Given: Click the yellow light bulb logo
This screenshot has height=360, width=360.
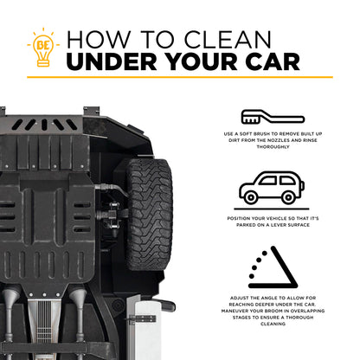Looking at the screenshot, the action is coord(43,48).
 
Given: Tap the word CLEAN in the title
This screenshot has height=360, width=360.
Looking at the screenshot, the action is coord(228,40).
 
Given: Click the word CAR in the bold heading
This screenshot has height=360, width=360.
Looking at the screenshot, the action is coord(273,61).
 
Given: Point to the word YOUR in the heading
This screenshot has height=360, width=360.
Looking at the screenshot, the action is coord(201,61).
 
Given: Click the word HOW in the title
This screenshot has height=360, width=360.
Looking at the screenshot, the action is coord(99,40).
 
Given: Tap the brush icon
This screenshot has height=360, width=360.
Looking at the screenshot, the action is coord(273,117).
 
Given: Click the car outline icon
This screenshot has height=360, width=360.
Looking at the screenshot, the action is coord(272,188).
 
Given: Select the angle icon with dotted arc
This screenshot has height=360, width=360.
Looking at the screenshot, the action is coord(273,267).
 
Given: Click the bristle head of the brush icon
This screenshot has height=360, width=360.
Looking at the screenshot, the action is coord(250,117).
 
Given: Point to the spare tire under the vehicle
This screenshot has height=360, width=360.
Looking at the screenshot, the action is coord(150,214).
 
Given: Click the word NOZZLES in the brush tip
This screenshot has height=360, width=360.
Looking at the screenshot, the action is coord(279,140).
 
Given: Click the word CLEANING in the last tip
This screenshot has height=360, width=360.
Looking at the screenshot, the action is coord(273,324).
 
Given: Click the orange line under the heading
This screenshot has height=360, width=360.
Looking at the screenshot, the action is coord(180,77).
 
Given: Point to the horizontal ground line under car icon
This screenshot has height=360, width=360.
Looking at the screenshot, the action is coord(272,209).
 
